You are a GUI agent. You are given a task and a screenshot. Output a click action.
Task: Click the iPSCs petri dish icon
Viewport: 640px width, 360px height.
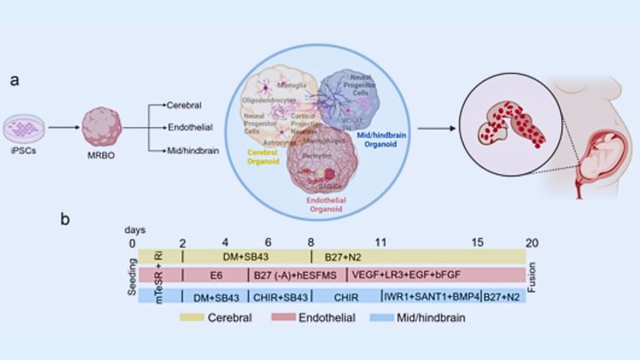(x=24, y=128)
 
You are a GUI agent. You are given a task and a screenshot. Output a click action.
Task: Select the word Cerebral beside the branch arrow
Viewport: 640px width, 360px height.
(x=185, y=105)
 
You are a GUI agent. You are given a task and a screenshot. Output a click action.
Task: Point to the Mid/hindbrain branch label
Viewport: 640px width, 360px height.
(x=194, y=152)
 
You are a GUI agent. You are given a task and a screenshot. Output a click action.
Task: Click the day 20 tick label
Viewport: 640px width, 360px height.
(x=531, y=243)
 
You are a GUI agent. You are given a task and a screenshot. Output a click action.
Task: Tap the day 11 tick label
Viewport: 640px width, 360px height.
(x=380, y=243)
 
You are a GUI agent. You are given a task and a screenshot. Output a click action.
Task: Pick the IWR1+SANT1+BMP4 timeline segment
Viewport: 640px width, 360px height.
(x=428, y=296)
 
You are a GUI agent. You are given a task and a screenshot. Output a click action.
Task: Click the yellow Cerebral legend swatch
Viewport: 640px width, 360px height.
(x=200, y=316)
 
